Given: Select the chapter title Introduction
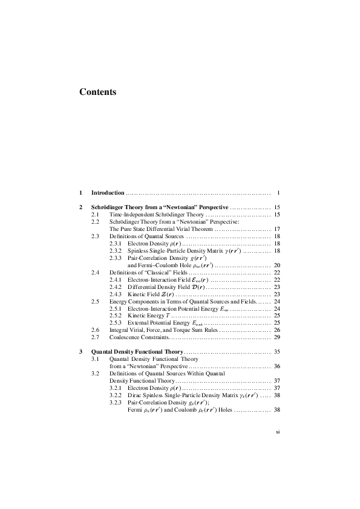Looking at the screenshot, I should tap(108, 193).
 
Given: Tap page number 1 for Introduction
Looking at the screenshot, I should tap(278, 193).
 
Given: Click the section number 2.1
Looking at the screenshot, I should tap(95, 215).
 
